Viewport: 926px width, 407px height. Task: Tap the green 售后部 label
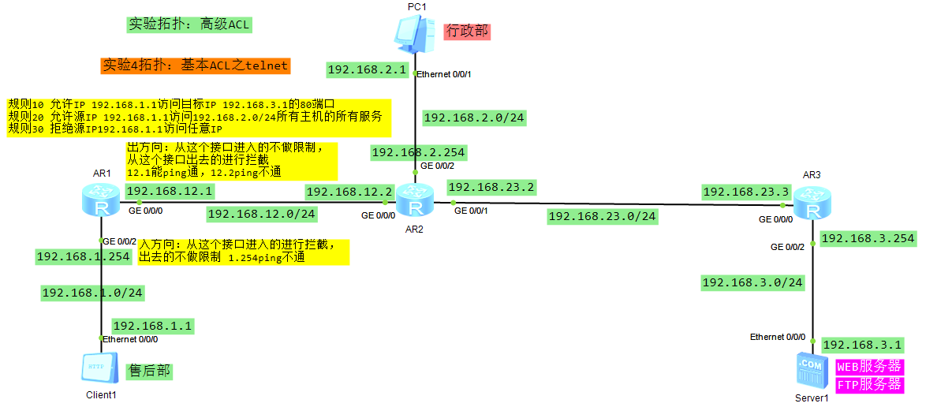pyautogui.click(x=149, y=370)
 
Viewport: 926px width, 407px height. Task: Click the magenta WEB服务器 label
pyautogui.click(x=868, y=367)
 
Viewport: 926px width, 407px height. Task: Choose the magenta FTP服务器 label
pyautogui.click(x=868, y=385)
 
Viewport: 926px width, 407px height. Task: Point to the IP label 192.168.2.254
pyautogui.click(x=418, y=152)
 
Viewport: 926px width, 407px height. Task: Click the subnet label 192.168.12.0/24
pyautogui.click(x=262, y=213)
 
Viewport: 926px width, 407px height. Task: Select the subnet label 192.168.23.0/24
pyautogui.click(x=602, y=215)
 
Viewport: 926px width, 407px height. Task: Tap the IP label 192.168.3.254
pyautogui.click(x=868, y=238)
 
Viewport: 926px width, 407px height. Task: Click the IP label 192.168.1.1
pyautogui.click(x=152, y=326)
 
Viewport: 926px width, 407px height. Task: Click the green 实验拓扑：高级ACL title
pyautogui.click(x=189, y=24)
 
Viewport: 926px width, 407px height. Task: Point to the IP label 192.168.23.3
pyautogui.click(x=745, y=192)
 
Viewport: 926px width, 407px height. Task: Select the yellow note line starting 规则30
pyautogui.click(x=115, y=129)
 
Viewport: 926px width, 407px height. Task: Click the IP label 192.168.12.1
pyautogui.click(x=170, y=191)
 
